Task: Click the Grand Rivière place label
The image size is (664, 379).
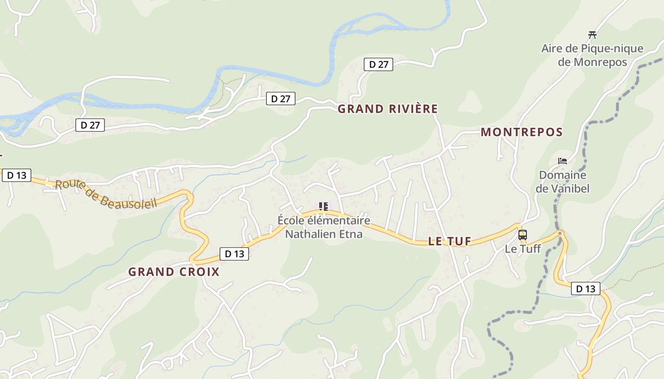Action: click(x=387, y=109)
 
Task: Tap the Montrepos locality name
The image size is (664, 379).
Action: click(x=522, y=132)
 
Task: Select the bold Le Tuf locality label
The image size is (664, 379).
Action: click(x=450, y=241)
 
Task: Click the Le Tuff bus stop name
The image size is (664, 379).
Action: click(x=522, y=249)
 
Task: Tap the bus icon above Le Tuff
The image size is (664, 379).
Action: click(x=523, y=235)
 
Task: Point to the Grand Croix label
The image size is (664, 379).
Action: click(x=174, y=272)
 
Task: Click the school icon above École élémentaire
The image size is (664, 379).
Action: click(x=323, y=207)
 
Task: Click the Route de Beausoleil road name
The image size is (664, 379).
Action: click(x=106, y=194)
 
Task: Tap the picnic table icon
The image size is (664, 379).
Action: click(x=592, y=35)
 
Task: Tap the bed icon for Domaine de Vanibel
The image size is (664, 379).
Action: click(x=563, y=161)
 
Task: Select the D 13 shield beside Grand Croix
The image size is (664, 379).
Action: click(x=234, y=254)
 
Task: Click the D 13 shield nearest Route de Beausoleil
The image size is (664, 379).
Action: click(x=17, y=175)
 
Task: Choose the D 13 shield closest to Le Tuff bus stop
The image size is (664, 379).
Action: click(x=585, y=289)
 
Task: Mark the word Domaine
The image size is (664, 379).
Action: click(x=563, y=175)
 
